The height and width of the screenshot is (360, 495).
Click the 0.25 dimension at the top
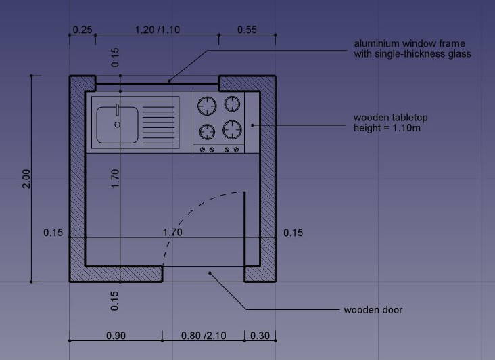point(82,30)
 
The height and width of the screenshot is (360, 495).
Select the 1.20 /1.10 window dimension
point(158,30)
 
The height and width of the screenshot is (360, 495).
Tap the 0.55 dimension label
point(247,30)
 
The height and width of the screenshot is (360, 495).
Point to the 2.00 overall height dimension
point(26,179)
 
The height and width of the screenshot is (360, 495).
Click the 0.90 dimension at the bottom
point(116,336)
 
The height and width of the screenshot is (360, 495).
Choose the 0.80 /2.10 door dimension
point(204,336)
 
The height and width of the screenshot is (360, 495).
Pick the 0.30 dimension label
point(260,336)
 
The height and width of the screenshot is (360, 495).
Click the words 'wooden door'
point(373,310)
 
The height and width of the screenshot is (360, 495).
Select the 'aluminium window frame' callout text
point(409,43)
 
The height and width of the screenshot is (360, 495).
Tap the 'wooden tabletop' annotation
point(391,118)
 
